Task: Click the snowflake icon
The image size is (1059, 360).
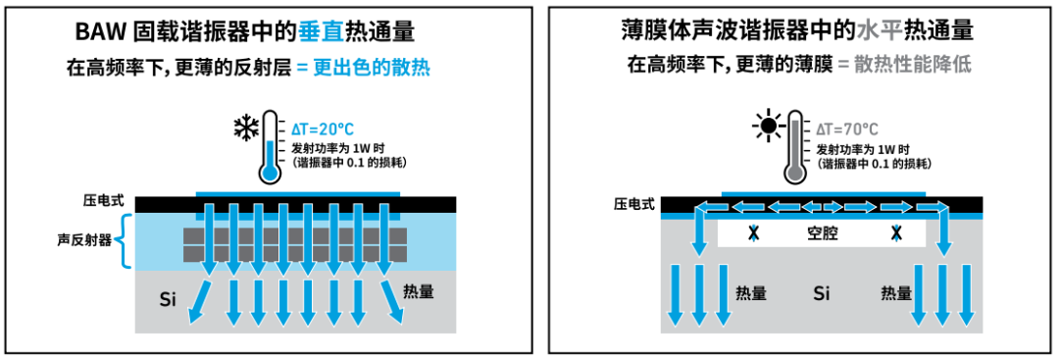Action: click(244, 129)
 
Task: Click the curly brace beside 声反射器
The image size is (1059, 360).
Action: click(125, 241)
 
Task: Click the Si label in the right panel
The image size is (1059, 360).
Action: click(822, 293)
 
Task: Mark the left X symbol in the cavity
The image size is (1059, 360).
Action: click(753, 233)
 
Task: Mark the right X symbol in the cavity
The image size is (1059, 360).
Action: click(896, 233)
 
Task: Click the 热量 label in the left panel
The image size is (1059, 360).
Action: click(420, 291)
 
